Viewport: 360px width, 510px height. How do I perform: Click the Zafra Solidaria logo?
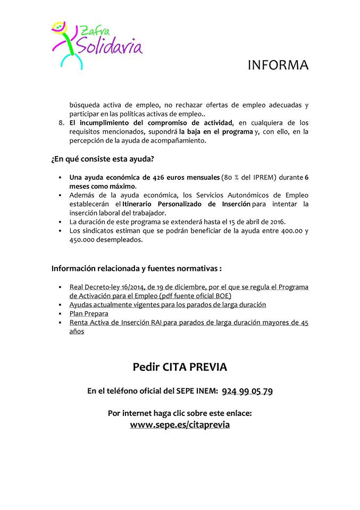(97, 44)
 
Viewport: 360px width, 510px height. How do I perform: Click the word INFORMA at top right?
(278, 65)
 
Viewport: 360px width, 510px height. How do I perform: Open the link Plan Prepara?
(89, 313)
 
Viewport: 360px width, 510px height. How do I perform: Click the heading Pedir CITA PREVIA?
(180, 367)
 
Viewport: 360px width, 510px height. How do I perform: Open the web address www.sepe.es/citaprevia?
(180, 425)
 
